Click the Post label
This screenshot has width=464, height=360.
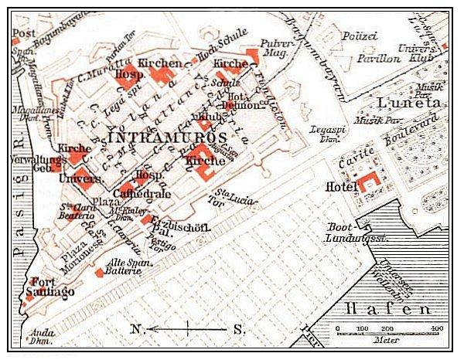pos(24,33)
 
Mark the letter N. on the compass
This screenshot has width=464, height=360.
pos(138,329)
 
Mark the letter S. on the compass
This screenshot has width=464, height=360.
pos(239,329)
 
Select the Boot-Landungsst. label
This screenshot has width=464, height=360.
pos(357,234)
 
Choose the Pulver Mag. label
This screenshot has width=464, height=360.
pos(278,49)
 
